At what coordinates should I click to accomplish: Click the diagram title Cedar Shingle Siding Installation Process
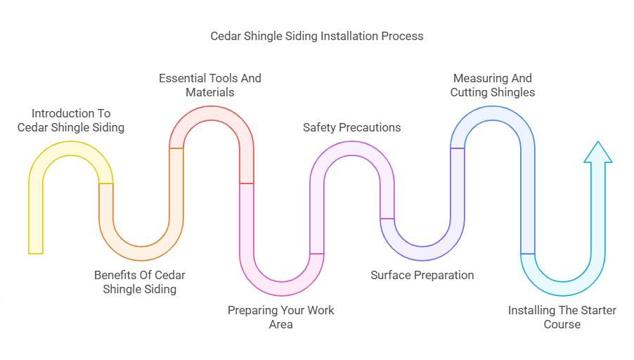click(x=317, y=36)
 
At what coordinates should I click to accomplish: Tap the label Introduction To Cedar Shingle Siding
click(x=70, y=120)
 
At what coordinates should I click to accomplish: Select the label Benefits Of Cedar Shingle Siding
click(x=140, y=282)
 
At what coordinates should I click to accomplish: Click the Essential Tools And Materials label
click(x=210, y=85)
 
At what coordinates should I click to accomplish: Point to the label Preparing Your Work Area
click(x=281, y=317)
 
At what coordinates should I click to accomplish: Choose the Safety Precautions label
click(x=351, y=127)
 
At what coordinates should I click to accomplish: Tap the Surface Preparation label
click(x=422, y=275)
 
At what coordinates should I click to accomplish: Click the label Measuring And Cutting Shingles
click(x=492, y=85)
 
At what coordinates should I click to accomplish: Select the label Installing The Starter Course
click(x=562, y=317)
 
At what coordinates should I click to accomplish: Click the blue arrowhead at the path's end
click(x=597, y=153)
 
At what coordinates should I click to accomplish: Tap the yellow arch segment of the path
click(x=70, y=148)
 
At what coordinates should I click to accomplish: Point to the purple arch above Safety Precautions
click(x=351, y=148)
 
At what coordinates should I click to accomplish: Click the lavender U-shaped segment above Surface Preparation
click(x=422, y=239)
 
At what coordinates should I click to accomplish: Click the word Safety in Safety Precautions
click(x=320, y=127)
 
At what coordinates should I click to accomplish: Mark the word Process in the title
click(x=403, y=36)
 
